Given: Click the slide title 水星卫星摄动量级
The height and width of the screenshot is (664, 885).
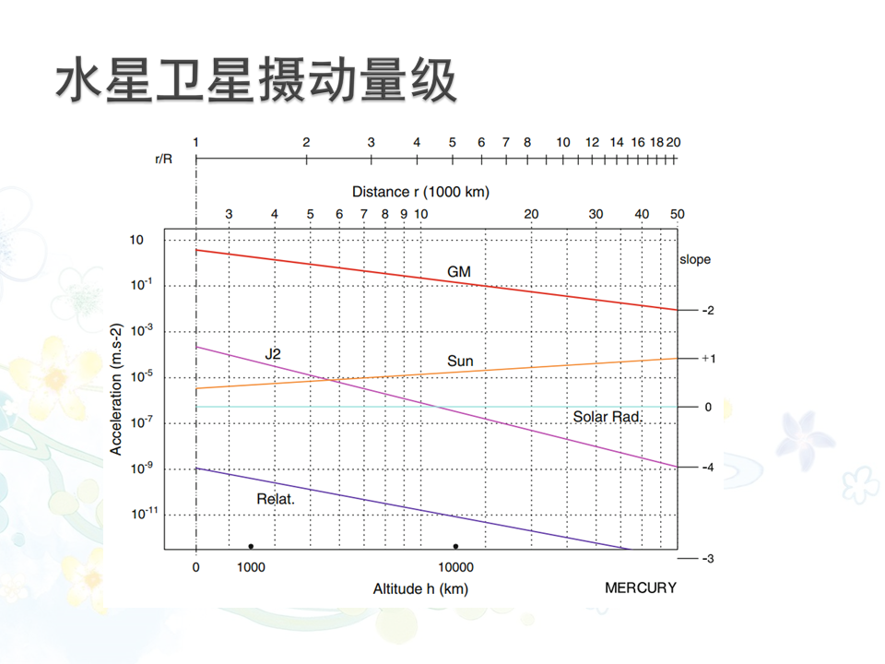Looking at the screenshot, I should click(x=256, y=84).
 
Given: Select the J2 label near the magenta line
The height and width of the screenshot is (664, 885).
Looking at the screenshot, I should click(x=272, y=353).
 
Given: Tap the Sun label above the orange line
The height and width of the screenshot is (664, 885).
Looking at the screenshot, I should click(x=460, y=361).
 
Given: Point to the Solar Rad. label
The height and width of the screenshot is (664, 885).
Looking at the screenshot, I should click(x=608, y=417).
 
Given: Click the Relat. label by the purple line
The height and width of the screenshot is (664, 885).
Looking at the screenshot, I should click(x=275, y=499).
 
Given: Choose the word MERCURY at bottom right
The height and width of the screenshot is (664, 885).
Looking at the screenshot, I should click(x=641, y=587).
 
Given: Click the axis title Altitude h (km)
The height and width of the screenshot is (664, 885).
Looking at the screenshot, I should click(x=420, y=588).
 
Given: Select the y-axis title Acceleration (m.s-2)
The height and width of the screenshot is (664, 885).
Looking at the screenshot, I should click(x=116, y=389).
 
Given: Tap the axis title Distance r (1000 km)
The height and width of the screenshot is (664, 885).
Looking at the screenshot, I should click(x=420, y=192).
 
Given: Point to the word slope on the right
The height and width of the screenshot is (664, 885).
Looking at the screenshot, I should click(x=695, y=260).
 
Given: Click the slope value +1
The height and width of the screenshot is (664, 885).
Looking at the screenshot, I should click(x=708, y=358).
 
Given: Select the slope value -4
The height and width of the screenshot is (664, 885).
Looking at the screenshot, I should click(x=707, y=468).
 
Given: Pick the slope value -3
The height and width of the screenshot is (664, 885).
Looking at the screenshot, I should click(x=708, y=559).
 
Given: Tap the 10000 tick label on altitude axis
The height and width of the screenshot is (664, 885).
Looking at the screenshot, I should click(x=455, y=567).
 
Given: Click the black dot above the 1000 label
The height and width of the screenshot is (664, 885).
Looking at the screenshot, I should click(x=251, y=546).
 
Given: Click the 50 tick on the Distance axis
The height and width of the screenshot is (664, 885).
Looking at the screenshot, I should click(x=677, y=215).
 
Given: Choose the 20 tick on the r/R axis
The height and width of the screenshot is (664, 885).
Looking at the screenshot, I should click(x=673, y=142).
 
